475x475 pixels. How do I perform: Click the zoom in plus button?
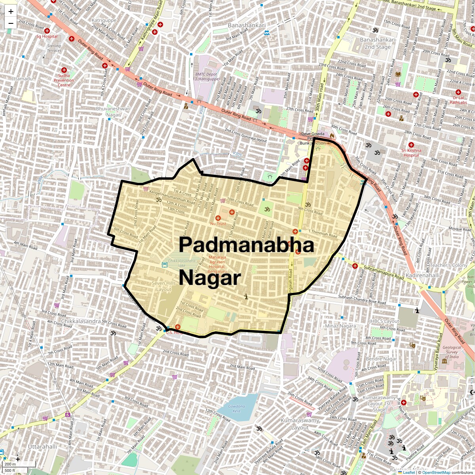[11, 11]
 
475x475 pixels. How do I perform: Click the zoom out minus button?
[11, 23]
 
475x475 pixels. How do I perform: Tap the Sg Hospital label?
[47, 36]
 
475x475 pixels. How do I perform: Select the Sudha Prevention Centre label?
[64, 80]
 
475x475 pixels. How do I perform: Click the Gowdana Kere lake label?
[237, 408]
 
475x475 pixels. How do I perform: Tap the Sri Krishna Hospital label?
[411, 153]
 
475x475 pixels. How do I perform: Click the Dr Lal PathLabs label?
[458, 100]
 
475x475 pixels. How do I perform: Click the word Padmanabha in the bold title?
[246, 245]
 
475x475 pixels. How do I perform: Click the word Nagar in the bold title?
[209, 278]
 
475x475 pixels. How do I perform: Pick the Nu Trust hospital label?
[218, 224]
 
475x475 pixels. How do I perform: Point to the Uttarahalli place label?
[42, 446]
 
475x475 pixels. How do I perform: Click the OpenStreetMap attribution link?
[436, 472]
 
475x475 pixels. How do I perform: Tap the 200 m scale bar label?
[10, 464]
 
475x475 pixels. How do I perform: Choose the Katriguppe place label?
[104, 20]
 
